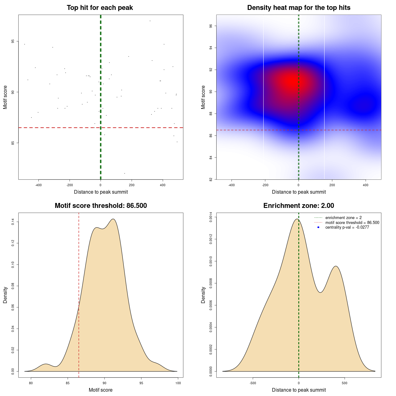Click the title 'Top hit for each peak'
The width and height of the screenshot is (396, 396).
pyautogui.click(x=100, y=8)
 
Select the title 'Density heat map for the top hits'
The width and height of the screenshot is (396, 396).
pyautogui.click(x=299, y=8)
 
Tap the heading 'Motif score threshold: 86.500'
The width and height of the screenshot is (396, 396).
pyautogui.click(x=101, y=206)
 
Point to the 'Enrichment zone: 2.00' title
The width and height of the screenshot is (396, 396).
pyautogui.click(x=299, y=206)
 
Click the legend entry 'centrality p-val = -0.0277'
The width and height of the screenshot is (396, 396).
pyautogui.click(x=347, y=227)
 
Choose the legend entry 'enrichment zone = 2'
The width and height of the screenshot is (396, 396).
pyautogui.click(x=343, y=218)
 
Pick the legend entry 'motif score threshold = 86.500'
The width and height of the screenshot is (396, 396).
pyautogui.click(x=352, y=222)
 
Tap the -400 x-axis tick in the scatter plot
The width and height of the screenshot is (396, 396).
pyautogui.click(x=38, y=185)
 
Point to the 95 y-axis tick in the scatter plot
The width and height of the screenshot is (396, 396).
pyautogui.click(x=13, y=41)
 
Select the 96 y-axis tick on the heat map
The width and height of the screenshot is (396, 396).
pyautogui.click(x=211, y=26)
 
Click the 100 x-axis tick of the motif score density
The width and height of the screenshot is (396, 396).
pyautogui.click(x=178, y=383)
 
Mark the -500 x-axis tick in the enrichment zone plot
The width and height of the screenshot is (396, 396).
pyautogui.click(x=253, y=383)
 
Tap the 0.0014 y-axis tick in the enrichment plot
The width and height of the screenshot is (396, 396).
pyautogui.click(x=211, y=217)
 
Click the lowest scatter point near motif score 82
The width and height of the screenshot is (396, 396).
pyautogui.click(x=125, y=173)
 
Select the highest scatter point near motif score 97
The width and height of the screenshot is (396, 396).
pyautogui.click(x=150, y=21)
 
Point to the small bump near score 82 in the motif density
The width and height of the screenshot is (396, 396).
pyautogui.click(x=46, y=364)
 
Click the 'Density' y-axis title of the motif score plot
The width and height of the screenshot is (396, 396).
pyautogui.click(x=5, y=295)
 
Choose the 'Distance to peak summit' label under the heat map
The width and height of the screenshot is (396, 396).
pyautogui.click(x=299, y=192)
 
